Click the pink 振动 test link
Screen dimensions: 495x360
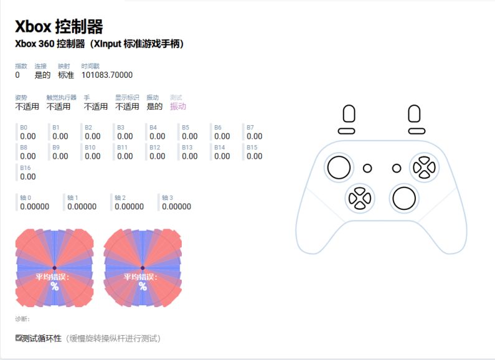(177, 107)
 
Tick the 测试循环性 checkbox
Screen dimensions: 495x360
(18, 338)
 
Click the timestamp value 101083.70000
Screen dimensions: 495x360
(107, 75)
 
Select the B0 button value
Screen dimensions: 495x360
(28, 136)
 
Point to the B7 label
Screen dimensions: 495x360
(250, 127)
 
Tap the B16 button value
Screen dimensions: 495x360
(28, 176)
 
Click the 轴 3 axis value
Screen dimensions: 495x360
(176, 207)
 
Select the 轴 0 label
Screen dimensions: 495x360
(26, 197)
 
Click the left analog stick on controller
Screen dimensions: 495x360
(339, 168)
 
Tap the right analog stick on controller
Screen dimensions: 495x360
(404, 198)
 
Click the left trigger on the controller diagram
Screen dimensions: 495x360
(349, 113)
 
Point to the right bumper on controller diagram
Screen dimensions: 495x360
(417, 131)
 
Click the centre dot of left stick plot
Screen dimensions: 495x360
(54, 268)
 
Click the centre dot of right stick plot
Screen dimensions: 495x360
(143, 268)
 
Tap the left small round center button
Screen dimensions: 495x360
(367, 168)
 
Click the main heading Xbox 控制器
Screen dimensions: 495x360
(59, 27)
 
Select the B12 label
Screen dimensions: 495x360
(154, 148)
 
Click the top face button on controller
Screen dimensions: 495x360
(424, 160)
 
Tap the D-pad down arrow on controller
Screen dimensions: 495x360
(360, 206)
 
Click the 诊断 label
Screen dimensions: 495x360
(22, 319)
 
